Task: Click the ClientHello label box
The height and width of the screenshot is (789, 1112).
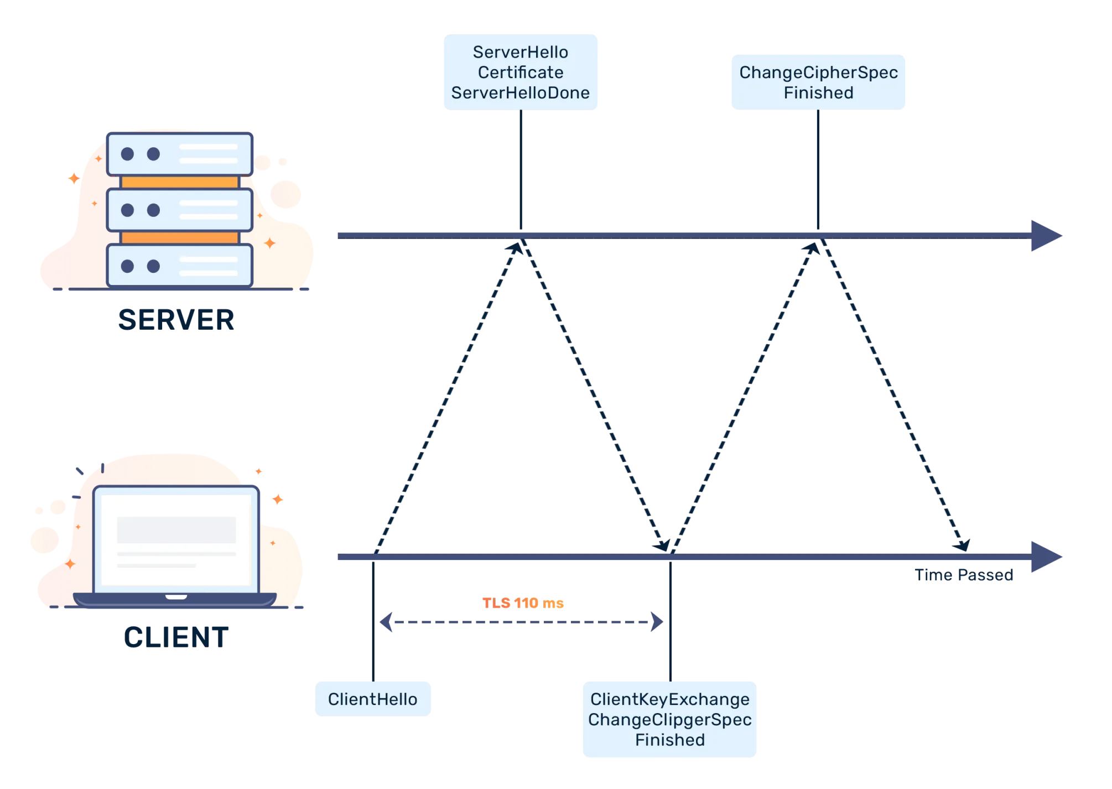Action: (x=373, y=699)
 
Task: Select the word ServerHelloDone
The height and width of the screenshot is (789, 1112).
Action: (x=521, y=92)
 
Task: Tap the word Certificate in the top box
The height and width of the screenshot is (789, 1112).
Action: (x=521, y=72)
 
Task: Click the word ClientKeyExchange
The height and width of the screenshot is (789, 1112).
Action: (x=670, y=699)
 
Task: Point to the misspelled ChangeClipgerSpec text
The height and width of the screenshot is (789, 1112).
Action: (x=670, y=720)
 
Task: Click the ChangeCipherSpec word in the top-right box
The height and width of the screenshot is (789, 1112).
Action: (x=819, y=72)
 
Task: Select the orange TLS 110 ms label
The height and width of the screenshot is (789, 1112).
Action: (x=523, y=603)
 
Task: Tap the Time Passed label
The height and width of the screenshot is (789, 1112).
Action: (x=964, y=575)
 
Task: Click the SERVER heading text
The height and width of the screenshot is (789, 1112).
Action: (x=176, y=320)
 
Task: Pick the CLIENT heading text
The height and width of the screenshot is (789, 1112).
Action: (x=176, y=637)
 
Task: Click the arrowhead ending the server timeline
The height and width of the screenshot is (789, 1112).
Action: (x=1046, y=236)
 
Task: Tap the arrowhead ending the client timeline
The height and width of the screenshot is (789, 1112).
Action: (x=1046, y=557)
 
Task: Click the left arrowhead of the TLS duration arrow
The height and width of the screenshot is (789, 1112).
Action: (x=386, y=622)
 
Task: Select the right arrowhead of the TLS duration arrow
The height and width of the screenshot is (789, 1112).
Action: (x=657, y=622)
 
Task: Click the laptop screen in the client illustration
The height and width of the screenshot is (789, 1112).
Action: (x=176, y=539)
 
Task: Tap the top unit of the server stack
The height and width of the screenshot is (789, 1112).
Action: (x=180, y=154)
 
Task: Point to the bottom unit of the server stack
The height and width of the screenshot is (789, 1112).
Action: (x=180, y=266)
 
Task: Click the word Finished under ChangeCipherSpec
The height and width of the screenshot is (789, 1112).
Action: (x=819, y=92)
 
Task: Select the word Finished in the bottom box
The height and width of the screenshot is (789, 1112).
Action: (x=670, y=740)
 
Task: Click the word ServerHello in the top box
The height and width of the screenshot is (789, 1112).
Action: (x=521, y=52)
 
